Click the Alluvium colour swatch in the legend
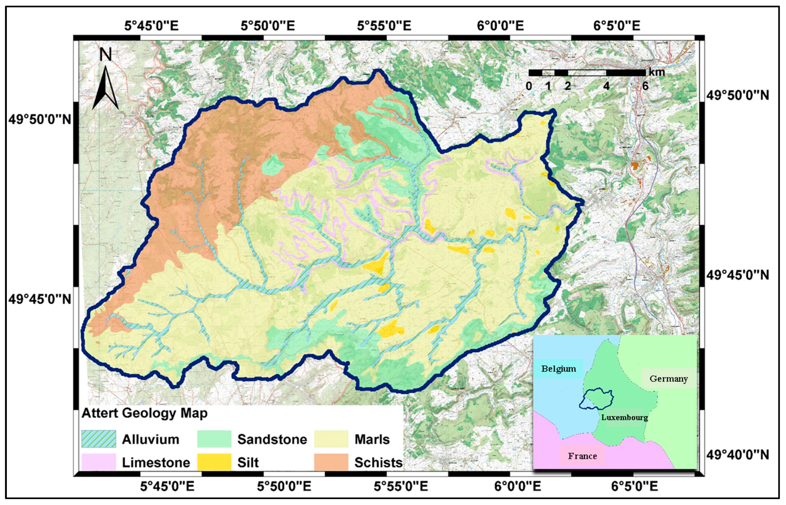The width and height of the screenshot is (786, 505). coord(99,439)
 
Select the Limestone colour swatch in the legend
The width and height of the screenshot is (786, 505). coord(99,462)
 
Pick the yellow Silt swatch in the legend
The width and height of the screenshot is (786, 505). coord(214,462)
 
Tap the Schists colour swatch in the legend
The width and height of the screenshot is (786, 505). coord(331,462)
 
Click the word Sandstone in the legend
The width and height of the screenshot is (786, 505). coord(272,439)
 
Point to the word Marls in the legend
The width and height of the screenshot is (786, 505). coord(372,439)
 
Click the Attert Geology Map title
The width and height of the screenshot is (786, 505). coord(145,413)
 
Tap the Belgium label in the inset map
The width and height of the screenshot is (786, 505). coord(559,369)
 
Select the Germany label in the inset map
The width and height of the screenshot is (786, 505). coord(668,379)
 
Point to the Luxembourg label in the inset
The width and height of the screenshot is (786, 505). coord(625,418)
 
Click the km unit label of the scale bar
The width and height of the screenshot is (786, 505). coord(657,72)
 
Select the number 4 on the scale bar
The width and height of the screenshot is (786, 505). coord(607,86)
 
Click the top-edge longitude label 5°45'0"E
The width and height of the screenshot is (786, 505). coord(151,26)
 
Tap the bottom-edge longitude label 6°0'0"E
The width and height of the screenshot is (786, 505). coord(518,486)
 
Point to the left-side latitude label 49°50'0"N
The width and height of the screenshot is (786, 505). coord(40,119)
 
